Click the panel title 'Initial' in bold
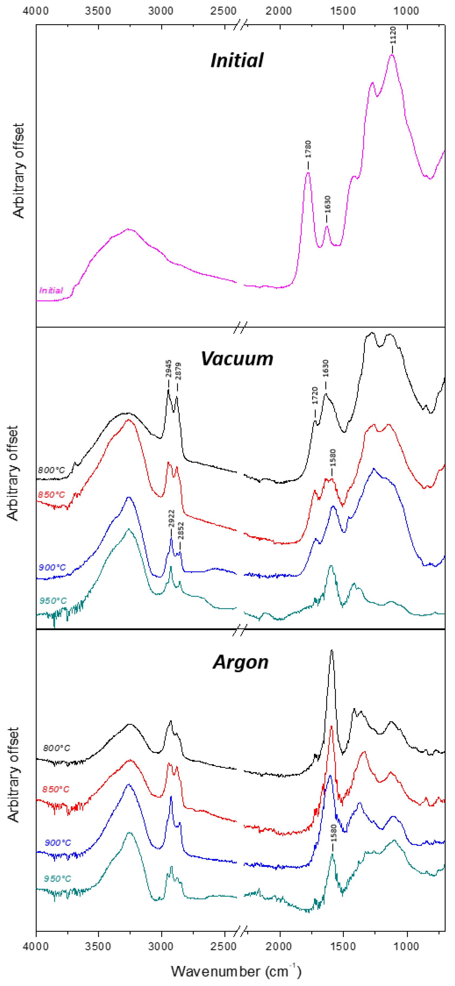coord(237,61)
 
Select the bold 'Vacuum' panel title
coord(237,359)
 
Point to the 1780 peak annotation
coord(308,150)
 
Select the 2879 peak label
coord(178,371)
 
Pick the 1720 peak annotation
coord(315,395)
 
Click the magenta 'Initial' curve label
coord(51,291)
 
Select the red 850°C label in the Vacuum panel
coord(51,495)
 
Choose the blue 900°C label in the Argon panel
coord(58,843)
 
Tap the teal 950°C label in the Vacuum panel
coord(53,601)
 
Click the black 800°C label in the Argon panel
coord(57,748)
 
